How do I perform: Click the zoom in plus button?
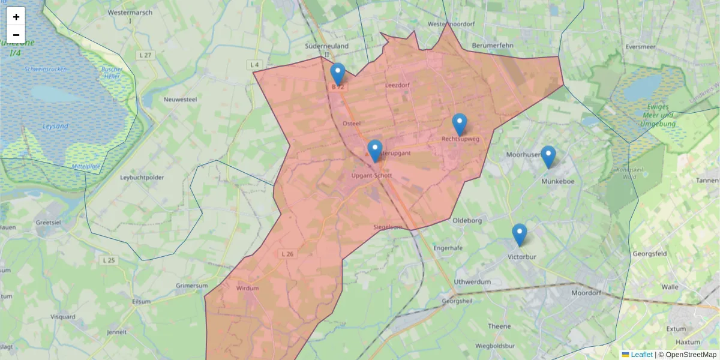tap(16, 17)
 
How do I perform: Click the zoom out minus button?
tap(16, 35)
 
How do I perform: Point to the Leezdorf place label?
tap(397, 85)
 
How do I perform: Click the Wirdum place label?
tap(247, 288)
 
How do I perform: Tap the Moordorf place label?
tap(586, 294)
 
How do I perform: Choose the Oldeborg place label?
tap(467, 220)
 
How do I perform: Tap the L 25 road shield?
tap(109, 260)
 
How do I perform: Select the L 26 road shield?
tap(287, 254)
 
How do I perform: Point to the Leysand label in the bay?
tap(55, 127)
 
